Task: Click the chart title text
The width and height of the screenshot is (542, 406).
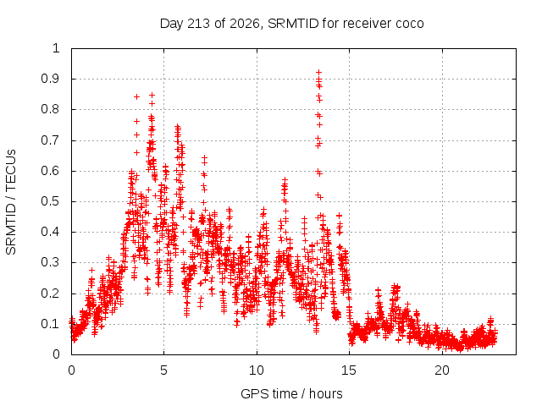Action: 291,24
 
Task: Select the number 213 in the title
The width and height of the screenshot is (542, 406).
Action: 198,24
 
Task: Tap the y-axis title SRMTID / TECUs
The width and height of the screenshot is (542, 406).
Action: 11,202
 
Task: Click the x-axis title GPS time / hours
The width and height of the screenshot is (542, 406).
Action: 291,393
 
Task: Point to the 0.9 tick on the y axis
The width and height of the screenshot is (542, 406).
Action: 51,79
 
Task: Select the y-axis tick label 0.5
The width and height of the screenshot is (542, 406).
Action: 51,201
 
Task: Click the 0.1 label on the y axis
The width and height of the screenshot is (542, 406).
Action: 51,324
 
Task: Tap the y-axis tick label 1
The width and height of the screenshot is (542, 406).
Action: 57,48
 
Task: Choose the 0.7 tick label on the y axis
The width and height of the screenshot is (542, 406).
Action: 51,140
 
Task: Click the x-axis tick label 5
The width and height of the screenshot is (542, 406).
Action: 163,370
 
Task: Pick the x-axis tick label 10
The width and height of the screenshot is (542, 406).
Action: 257,370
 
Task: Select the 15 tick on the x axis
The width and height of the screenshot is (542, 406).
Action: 349,370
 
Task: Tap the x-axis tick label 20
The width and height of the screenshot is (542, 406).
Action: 442,370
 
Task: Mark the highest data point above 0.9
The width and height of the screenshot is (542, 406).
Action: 319,72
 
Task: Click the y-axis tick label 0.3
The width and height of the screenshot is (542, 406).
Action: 51,263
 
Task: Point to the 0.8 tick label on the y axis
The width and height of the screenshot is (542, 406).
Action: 51,109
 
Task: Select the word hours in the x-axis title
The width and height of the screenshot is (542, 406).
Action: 325,393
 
